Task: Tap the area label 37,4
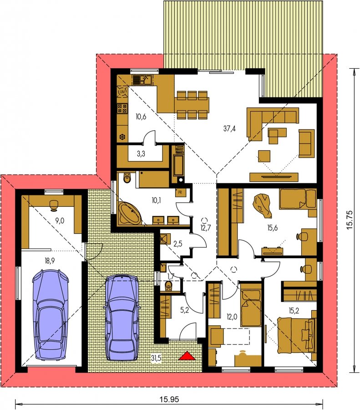pos(230,128)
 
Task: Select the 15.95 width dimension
pos(169,399)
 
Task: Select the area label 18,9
pos(50,261)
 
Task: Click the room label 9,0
pos(60,220)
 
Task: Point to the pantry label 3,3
pos(141,154)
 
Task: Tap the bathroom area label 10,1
pos(156,200)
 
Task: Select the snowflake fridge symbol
pos(122,137)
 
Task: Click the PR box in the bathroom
pos(180,193)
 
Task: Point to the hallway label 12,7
pos(206,227)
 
